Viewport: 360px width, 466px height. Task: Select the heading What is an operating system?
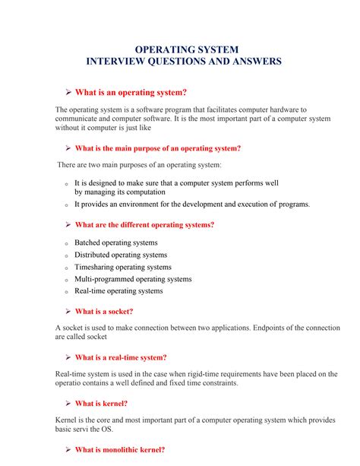click(x=130, y=92)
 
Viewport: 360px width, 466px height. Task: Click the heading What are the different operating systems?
click(x=144, y=225)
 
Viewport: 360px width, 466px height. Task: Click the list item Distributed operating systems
click(x=121, y=255)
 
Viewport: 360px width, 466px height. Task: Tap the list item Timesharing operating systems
click(x=122, y=267)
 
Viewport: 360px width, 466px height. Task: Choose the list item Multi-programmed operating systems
click(x=133, y=279)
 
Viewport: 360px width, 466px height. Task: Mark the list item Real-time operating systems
click(x=118, y=291)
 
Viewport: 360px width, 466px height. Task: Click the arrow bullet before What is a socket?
click(x=68, y=311)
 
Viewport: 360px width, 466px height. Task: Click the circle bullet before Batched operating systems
click(x=66, y=243)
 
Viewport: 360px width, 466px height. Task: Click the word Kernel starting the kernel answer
click(x=67, y=420)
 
